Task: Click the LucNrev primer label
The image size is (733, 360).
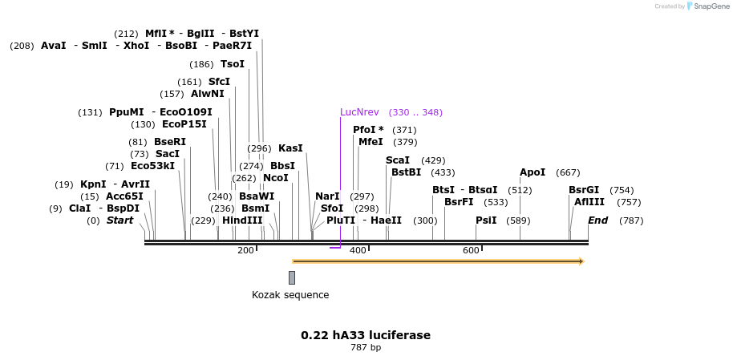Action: pos(359,112)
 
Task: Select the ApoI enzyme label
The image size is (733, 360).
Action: pos(533,172)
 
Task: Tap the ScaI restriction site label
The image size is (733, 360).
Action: pos(398,160)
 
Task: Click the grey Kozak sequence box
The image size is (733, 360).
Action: pos(292,277)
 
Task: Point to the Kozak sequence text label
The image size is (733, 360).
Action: pos(290,295)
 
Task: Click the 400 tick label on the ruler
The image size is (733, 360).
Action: pos(358,251)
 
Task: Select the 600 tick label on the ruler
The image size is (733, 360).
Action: pos(471,251)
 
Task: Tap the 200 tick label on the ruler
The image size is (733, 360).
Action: pos(245,251)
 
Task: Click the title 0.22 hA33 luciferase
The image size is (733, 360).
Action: pos(366,335)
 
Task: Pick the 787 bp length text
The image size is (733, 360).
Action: pos(366,348)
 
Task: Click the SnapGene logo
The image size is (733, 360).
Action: pos(706,6)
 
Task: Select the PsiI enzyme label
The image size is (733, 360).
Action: pos(486,220)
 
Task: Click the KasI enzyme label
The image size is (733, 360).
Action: pos(290,148)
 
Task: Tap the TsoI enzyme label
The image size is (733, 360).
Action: pos(233,64)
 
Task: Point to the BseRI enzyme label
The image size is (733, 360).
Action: pos(170,142)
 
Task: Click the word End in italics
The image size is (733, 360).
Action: pos(598,220)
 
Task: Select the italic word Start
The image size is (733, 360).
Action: pos(120,220)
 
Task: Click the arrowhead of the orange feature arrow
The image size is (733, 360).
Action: pos(581,261)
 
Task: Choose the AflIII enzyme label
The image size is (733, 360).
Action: pos(589,202)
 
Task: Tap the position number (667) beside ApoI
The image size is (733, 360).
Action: pos(568,172)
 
